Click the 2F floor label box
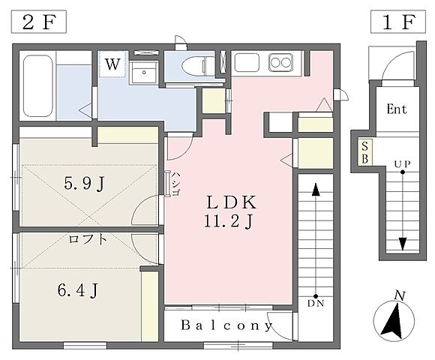(38, 22)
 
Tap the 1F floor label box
(398, 22)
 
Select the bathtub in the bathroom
(38, 85)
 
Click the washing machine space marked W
(112, 64)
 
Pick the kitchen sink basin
(247, 62)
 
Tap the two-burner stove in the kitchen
(280, 63)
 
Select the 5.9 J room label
(84, 183)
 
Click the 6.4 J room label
(78, 290)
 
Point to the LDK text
(231, 202)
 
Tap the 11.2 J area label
(229, 221)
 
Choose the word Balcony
(226, 325)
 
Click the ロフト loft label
(88, 238)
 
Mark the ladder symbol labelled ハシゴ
(168, 184)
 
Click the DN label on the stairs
(316, 303)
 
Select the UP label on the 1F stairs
(403, 164)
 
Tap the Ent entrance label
(397, 109)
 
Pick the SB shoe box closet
(365, 152)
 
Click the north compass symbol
(394, 318)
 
